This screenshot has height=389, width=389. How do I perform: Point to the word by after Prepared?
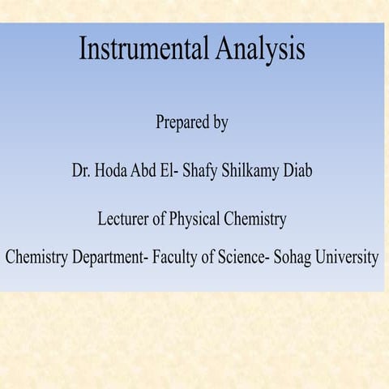point(219,124)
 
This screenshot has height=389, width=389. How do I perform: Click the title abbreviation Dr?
point(80,171)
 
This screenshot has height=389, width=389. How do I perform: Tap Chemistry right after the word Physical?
point(254,220)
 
